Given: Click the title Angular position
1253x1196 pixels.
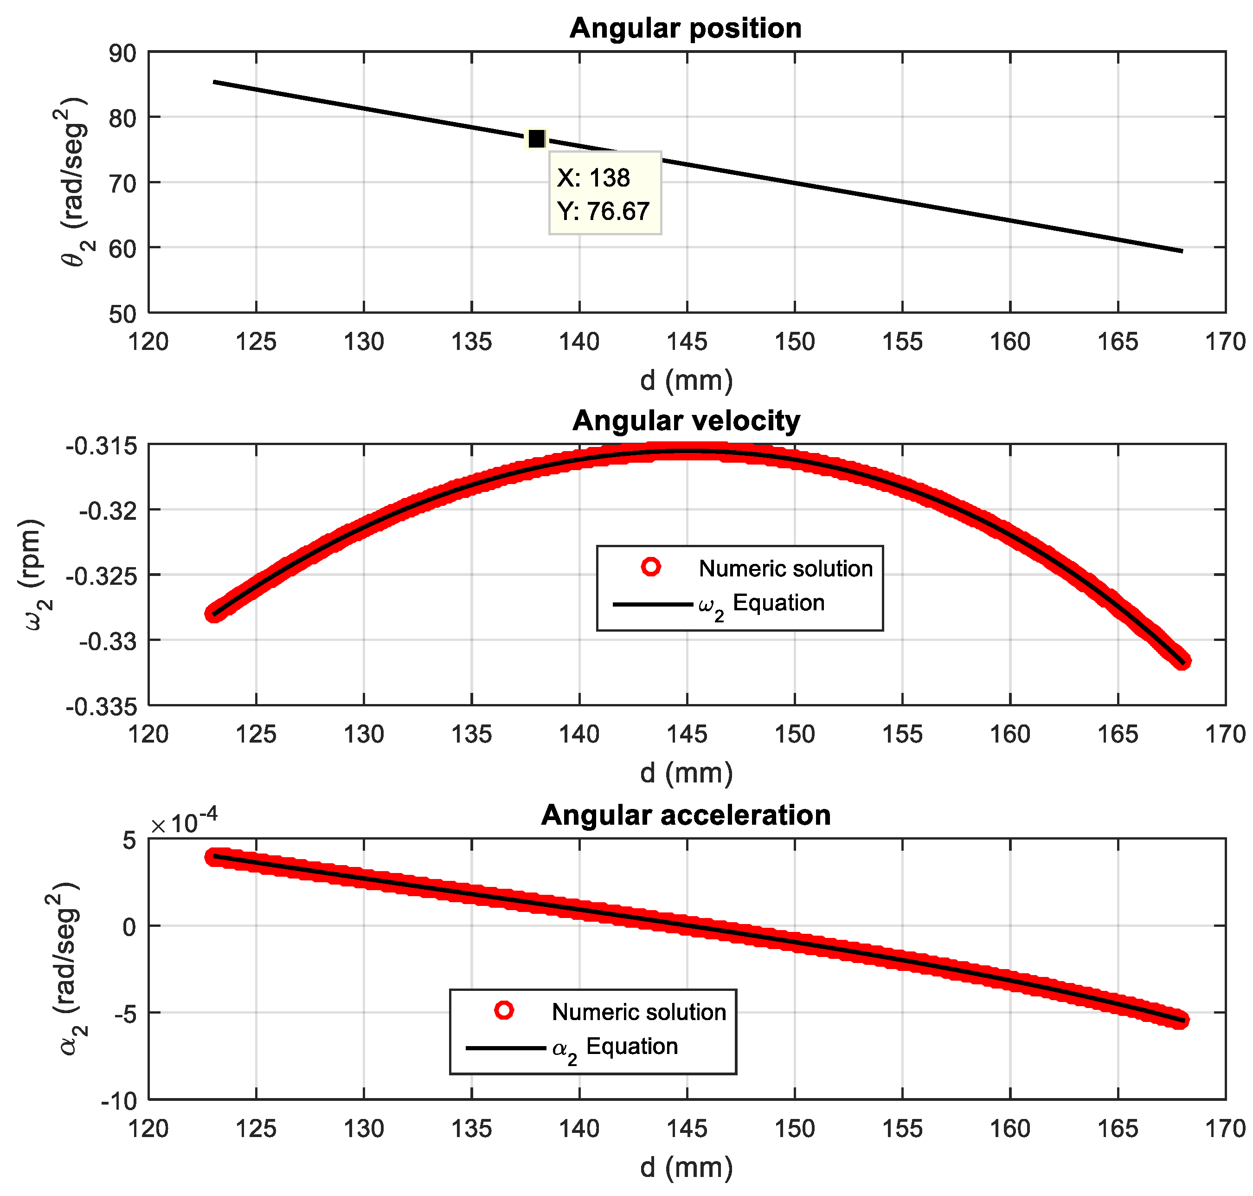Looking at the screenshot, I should pos(685,29).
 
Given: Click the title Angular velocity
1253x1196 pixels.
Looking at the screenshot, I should pos(686,421).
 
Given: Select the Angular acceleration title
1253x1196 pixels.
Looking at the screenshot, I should pos(686,815).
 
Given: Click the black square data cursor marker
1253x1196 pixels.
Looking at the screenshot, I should pos(537,138).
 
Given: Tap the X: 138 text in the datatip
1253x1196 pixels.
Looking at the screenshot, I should pos(593,178).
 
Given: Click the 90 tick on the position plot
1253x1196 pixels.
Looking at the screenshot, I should pos(122,53).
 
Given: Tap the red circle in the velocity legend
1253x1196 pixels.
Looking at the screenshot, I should pos(651,566).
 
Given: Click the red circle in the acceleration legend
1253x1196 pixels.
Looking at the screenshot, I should pos(503,1010).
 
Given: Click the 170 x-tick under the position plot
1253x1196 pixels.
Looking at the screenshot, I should pos(1224,343).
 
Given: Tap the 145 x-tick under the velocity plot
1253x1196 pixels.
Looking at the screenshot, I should pos(687,734).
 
